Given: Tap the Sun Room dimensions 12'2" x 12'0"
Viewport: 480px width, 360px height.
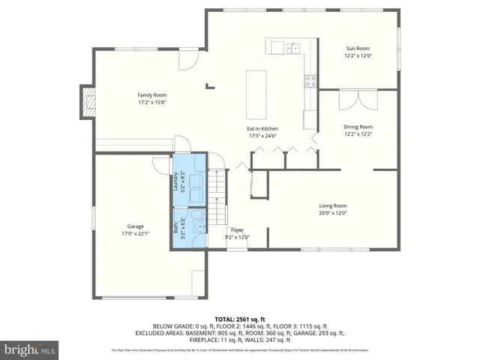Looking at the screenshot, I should (x=358, y=55).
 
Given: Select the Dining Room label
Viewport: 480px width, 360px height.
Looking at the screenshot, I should (x=358, y=127).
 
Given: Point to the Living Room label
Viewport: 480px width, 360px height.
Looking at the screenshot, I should (x=333, y=205).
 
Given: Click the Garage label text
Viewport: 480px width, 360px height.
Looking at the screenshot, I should (x=135, y=226).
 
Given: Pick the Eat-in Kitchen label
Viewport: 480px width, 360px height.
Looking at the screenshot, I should (x=262, y=129).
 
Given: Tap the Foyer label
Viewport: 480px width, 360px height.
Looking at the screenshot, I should (x=237, y=230).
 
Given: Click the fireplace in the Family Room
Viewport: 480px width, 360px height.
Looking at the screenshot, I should (x=89, y=101).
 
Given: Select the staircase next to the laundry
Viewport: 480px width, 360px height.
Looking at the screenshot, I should (x=217, y=187).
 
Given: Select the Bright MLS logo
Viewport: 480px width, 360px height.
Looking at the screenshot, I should (x=28, y=349).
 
